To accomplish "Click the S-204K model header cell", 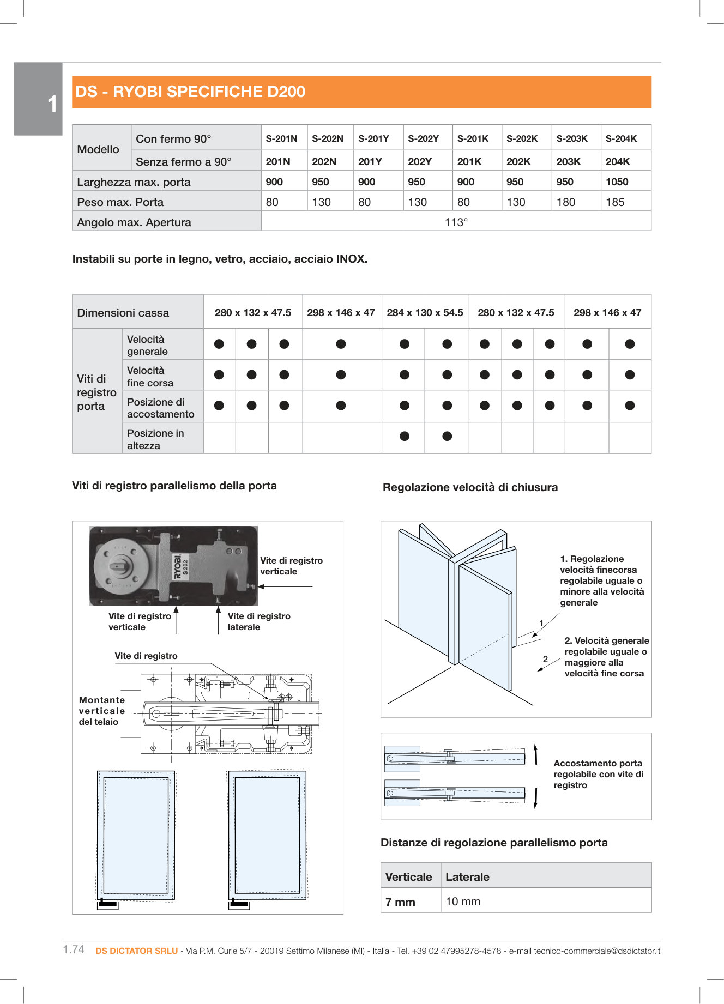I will [621, 138].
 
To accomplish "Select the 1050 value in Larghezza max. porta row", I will [617, 182].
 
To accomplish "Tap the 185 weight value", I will [615, 202].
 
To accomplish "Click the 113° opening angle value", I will [456, 222].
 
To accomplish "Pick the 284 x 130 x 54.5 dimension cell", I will [425, 313].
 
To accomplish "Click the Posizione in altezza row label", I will [155, 439].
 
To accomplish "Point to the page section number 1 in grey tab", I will [52, 104].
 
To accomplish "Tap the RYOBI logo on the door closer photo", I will [178, 567].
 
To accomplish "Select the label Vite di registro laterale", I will [258, 621].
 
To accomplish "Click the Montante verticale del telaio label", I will [102, 711].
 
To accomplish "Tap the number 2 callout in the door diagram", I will [545, 659].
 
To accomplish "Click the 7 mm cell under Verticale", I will [400, 902].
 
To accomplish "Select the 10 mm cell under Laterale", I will [463, 902].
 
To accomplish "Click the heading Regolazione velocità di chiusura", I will [470, 487].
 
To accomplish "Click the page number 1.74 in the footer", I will [74, 949].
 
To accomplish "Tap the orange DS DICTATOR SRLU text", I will [136, 951].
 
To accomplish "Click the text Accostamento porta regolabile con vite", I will [598, 774].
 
